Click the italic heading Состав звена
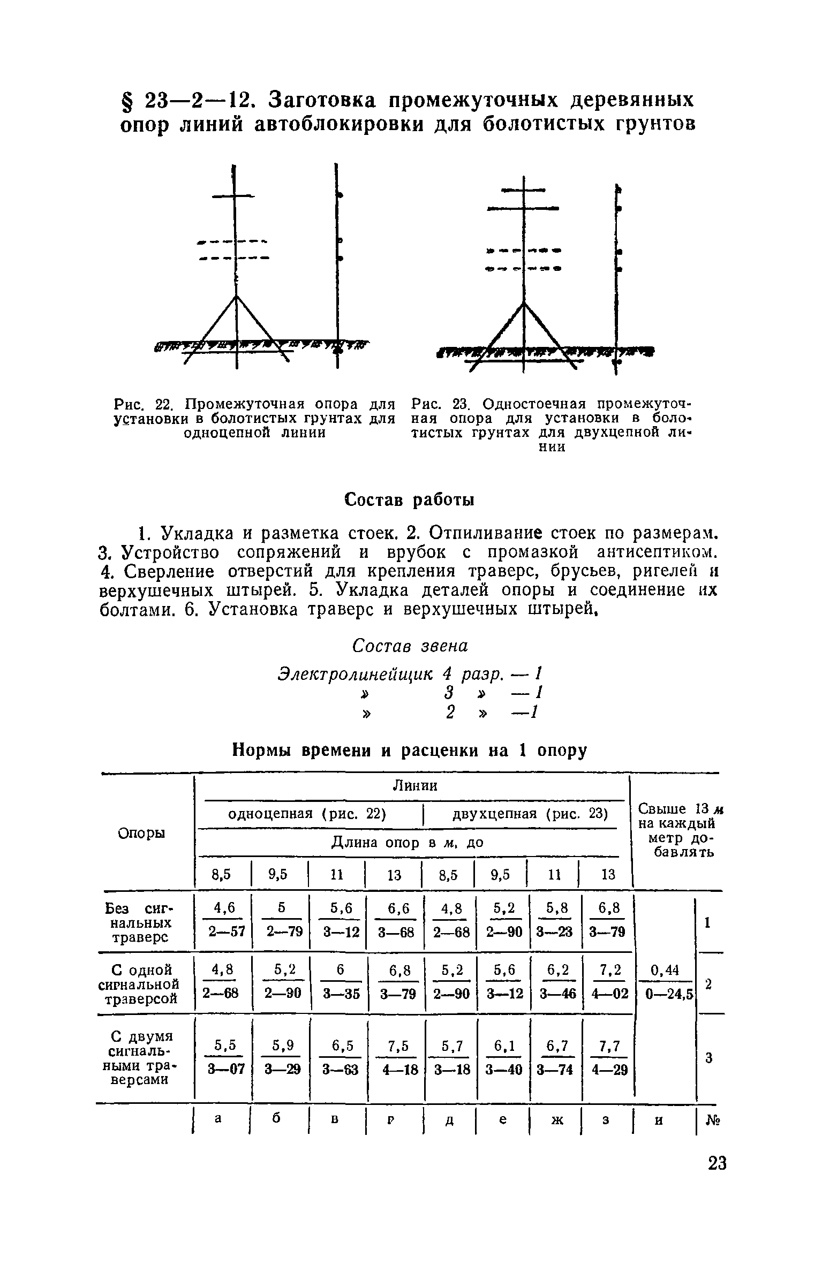click(410, 646)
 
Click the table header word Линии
click(415, 785)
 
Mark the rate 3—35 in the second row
click(342, 994)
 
